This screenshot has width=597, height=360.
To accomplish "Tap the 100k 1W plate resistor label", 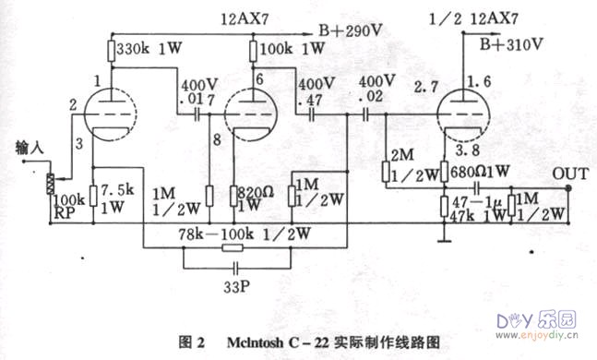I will coord(294,47).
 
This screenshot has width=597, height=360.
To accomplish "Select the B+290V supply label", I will coord(350,30).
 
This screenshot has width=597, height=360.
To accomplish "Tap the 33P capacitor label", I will coord(234,286).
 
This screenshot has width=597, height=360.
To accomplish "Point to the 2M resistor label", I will coord(400,153).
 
